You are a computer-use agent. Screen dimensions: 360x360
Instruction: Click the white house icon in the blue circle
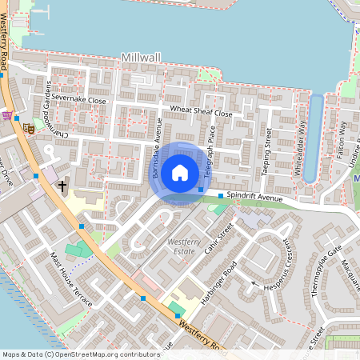point(180,172)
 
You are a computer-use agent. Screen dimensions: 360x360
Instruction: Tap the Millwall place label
point(142,58)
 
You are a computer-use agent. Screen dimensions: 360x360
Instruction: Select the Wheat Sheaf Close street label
point(200,113)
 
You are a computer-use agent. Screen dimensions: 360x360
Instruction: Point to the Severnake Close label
point(79,100)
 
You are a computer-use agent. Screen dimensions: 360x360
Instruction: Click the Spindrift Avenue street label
point(255,196)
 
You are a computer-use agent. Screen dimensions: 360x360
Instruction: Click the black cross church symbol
point(62,186)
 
